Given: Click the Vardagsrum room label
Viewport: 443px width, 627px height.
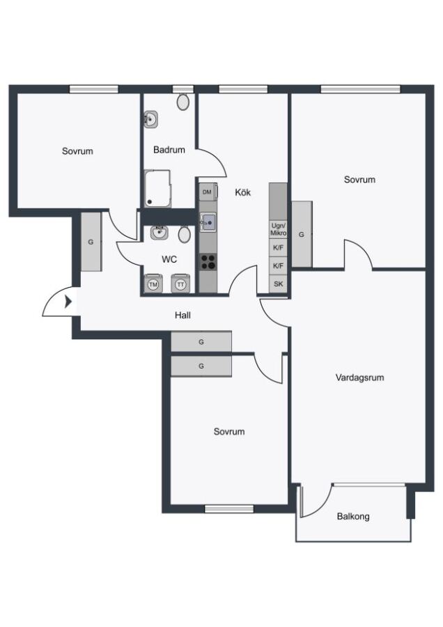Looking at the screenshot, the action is [x=359, y=377].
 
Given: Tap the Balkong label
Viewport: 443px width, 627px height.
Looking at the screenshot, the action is [x=353, y=516].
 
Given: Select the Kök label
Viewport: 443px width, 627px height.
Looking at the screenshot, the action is [x=242, y=192].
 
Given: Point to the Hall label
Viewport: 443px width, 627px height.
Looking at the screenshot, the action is [x=182, y=315].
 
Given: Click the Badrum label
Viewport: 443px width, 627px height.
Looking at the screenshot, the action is [x=169, y=150].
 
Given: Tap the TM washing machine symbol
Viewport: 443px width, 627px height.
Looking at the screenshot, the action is [x=153, y=284].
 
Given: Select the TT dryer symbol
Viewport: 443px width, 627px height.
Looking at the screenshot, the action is [x=181, y=284].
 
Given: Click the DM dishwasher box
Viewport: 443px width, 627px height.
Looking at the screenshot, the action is [x=208, y=192].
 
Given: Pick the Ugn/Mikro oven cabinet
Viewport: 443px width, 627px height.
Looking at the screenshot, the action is [x=279, y=229].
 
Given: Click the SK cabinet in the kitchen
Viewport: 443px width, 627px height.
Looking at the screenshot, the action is [x=279, y=284].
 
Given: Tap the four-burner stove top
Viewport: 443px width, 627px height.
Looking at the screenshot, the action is [x=208, y=262].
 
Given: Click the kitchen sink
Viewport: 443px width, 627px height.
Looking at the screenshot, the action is [x=208, y=222].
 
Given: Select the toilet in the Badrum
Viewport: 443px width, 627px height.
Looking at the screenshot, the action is [x=183, y=102].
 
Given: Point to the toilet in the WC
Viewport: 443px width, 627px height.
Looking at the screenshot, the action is [x=185, y=234].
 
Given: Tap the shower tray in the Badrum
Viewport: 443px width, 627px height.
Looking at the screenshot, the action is [x=157, y=189].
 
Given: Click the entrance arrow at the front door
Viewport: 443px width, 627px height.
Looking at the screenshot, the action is [x=68, y=302].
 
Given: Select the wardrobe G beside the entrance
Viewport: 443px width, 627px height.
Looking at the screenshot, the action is [x=91, y=242].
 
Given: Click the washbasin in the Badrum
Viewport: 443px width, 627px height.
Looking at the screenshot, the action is [x=150, y=119].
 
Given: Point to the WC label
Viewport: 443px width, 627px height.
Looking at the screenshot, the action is [x=169, y=260].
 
